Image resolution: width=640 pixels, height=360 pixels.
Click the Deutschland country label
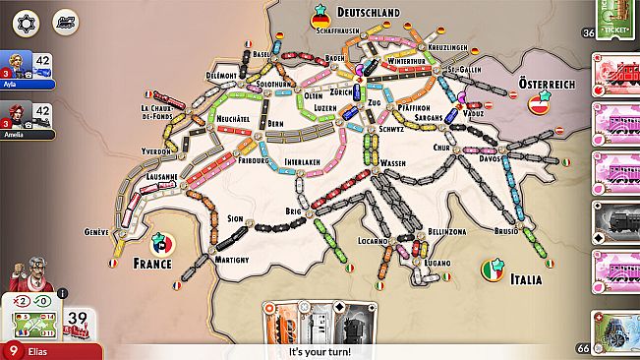tap(368, 12)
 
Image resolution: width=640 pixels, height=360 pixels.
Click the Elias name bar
tap(49, 350)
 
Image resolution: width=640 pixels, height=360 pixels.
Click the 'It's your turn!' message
tap(320, 351)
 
